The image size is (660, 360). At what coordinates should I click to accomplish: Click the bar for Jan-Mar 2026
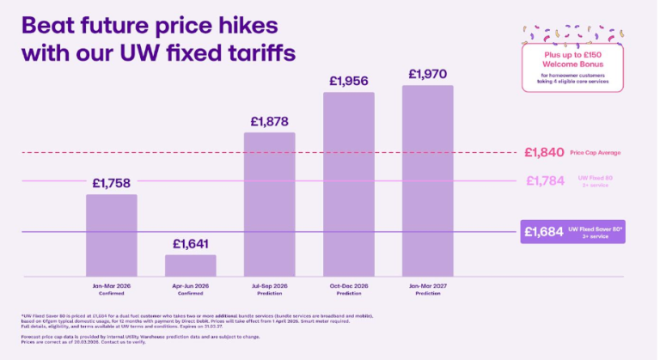pos(111,232)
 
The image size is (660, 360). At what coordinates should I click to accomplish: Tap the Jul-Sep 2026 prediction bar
pos(269,201)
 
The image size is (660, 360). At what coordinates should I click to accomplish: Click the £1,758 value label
pos(111,182)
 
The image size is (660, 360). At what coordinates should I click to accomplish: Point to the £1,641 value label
pos(190,243)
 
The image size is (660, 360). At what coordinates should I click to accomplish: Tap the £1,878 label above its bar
pos(269,121)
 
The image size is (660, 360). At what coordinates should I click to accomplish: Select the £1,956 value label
pos(348,80)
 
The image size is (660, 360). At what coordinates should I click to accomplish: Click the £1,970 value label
pos(427,74)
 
